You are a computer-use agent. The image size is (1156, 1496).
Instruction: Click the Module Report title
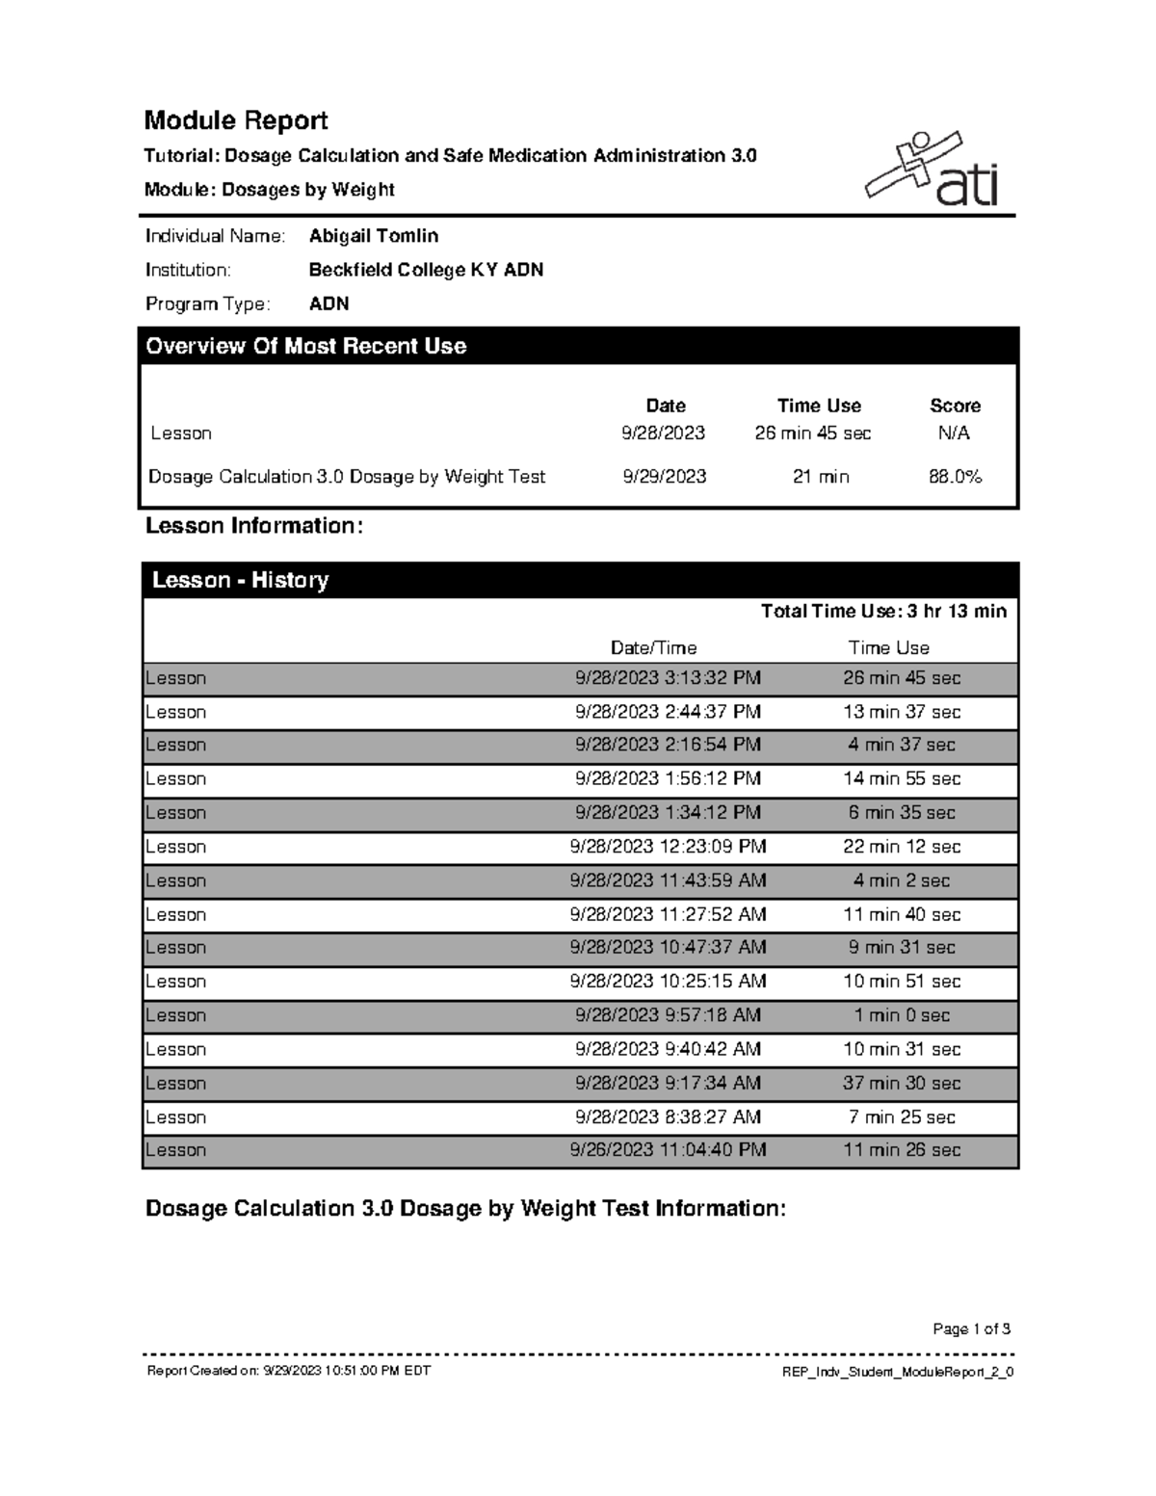236,120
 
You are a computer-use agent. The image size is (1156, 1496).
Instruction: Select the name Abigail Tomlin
374,236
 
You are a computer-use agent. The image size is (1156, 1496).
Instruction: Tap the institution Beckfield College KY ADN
426,270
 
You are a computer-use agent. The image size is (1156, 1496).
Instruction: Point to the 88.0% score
955,476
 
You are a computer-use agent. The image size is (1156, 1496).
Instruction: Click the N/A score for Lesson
954,433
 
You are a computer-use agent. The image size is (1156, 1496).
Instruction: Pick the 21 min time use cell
821,476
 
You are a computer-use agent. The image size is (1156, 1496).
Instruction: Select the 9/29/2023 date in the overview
665,476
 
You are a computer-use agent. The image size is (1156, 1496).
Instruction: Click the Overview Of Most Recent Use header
306,346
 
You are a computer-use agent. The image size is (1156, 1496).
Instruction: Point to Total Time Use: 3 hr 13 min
883,611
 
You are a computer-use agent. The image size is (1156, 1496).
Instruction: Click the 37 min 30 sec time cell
902,1083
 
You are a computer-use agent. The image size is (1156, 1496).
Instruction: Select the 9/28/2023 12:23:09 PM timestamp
668,847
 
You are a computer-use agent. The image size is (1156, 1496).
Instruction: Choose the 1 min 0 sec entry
902,1015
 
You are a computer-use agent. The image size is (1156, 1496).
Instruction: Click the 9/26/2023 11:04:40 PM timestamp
668,1149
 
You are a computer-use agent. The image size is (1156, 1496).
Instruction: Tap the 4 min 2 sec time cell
902,880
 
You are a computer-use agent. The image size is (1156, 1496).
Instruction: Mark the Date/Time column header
653,647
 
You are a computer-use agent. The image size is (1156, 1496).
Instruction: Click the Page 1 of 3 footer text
971,1329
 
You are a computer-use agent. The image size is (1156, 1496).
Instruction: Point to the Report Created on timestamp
288,1371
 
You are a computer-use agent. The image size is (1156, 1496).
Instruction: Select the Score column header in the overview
955,406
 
